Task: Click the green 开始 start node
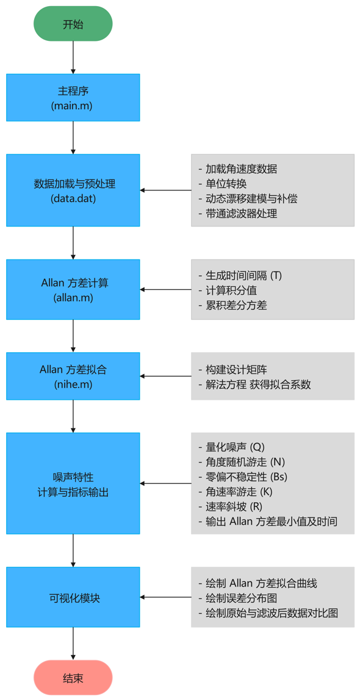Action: click(x=73, y=24)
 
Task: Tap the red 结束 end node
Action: click(x=73, y=677)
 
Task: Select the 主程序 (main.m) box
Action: click(x=73, y=98)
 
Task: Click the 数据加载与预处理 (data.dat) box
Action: click(x=73, y=190)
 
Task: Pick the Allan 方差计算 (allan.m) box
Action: click(x=73, y=289)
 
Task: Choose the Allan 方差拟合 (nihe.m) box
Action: click(x=73, y=376)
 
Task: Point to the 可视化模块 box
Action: click(x=73, y=597)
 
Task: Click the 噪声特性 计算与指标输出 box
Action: click(x=73, y=483)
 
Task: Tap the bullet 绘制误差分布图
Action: click(x=242, y=597)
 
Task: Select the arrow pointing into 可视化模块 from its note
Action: click(x=165, y=597)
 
